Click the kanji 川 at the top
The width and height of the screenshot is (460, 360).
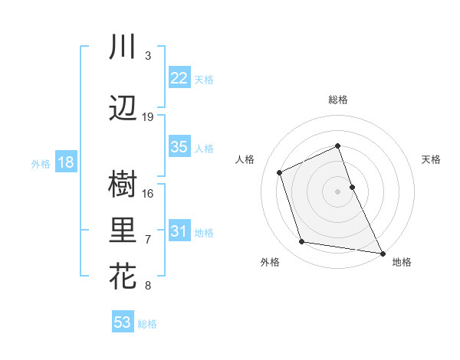[x=123, y=47]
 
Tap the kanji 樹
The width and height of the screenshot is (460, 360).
[x=123, y=185]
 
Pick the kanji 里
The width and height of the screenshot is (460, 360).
[x=123, y=231]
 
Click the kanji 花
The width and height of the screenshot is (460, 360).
[x=123, y=277]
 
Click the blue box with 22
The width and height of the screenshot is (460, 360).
[x=179, y=78]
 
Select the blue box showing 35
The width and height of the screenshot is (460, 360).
[x=179, y=147]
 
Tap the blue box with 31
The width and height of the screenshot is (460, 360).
[x=179, y=231]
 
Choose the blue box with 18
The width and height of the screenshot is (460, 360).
[x=65, y=162]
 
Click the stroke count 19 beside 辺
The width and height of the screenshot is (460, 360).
[x=148, y=117]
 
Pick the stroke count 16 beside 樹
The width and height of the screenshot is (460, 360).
[x=148, y=193]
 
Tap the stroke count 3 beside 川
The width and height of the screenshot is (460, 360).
[x=148, y=56]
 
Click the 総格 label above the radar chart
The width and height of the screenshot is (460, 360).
[x=338, y=100]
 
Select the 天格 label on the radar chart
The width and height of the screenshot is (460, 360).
[x=431, y=159]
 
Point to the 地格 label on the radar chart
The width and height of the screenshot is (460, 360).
[x=402, y=262]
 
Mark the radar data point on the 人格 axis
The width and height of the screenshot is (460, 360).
[x=281, y=172]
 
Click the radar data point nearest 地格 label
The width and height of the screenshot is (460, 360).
[x=383, y=253]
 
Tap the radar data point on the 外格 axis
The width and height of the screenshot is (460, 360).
[x=302, y=242]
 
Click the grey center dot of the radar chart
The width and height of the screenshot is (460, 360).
[x=338, y=191]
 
